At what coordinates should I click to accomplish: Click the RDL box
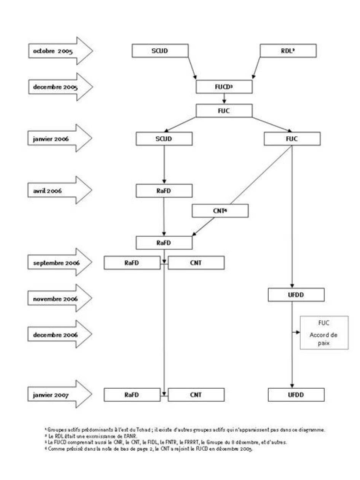point(288,51)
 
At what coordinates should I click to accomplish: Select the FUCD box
point(224,86)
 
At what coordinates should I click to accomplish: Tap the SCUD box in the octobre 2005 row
point(160,51)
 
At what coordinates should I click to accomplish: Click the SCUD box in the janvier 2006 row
point(164,139)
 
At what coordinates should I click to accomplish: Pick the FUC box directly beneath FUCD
point(224,110)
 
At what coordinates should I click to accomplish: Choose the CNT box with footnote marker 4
point(220,210)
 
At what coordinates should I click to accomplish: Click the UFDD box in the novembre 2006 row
point(296,295)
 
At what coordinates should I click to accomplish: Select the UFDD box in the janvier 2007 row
point(296,395)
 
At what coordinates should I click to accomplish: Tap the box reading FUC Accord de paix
point(324,332)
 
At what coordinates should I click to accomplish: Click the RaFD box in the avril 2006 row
point(164,190)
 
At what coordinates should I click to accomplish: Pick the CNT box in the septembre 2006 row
point(196,263)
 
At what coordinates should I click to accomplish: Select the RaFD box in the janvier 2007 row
point(132,395)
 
